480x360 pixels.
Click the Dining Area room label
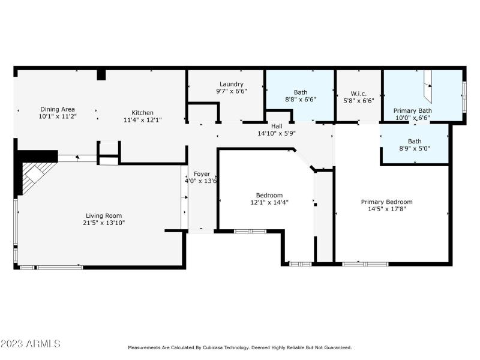pos(57,109)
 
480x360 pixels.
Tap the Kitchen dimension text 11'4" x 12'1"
pos(143,120)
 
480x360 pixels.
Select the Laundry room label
pos(231,84)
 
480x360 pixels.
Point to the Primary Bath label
pos(412,110)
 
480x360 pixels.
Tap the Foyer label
pos(202,174)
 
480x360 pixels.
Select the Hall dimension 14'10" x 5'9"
pos(277,133)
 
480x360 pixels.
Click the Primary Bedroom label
pos(386,202)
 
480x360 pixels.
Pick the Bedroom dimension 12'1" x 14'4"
pos(269,202)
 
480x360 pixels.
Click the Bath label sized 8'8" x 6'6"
pos(300,92)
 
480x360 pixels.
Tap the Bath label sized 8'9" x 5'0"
pos(415,142)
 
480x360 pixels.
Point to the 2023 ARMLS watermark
pos(31,344)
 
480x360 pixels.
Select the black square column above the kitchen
pos(101,74)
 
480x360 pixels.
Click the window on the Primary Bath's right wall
pos(463,96)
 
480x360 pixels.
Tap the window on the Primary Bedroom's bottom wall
pos(365,263)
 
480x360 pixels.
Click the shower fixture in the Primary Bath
pos(427,86)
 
